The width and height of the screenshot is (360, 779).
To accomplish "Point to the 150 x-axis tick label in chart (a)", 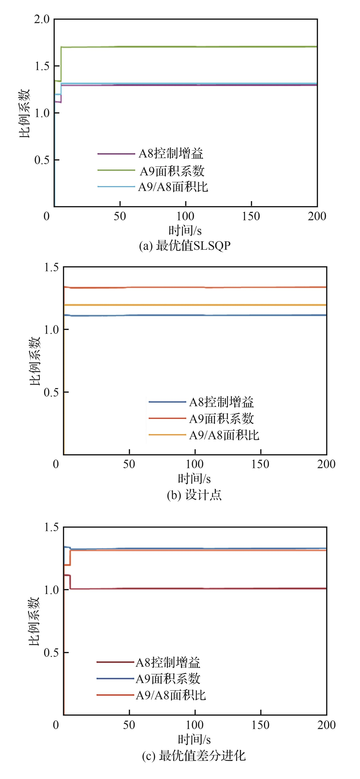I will coord(251,216).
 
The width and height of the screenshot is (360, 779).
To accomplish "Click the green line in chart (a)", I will coord(181,47).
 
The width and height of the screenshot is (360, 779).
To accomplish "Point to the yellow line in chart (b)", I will coord(194,305).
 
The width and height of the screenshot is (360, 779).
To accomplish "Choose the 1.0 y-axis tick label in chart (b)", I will coord(51,330).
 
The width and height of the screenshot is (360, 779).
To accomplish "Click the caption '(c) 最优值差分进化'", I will coord(194,756).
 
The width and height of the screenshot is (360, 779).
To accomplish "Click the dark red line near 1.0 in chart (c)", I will coord(194,588).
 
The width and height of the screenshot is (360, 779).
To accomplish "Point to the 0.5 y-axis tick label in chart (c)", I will coord(51,652).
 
